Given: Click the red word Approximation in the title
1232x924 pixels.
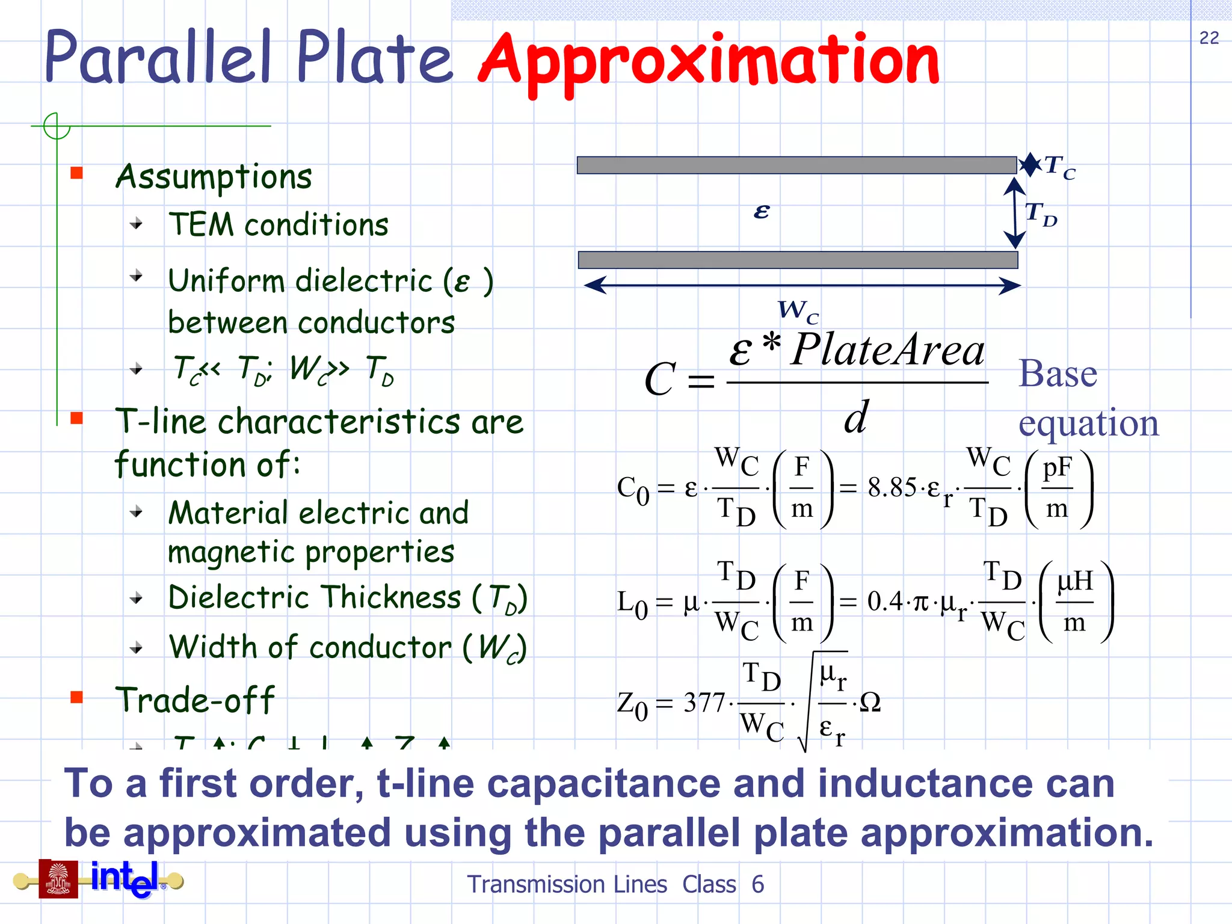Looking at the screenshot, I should pos(709,61).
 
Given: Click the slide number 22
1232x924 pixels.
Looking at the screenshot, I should pos(1209,38).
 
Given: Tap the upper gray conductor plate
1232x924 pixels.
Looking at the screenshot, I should pos(796,165).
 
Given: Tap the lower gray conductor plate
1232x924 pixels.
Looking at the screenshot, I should pos(798,260).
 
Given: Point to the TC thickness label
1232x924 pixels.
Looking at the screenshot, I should pos(1060,167).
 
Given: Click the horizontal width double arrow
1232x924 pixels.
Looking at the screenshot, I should pos(802,286).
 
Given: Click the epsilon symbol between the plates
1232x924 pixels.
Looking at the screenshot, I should pos(761,211).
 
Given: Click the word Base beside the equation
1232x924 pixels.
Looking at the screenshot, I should pos(1058,374).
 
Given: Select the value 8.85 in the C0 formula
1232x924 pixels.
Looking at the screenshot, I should pos(892,487).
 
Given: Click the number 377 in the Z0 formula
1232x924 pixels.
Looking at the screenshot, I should pos(704,703).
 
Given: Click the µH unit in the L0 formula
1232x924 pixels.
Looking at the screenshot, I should pos(1074,581).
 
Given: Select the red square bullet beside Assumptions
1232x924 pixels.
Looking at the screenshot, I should pos(76,173).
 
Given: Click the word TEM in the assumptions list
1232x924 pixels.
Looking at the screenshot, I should pos(201,225).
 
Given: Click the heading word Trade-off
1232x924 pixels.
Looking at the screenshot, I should pos(195,700).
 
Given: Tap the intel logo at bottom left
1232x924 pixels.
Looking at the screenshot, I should pos(125,878).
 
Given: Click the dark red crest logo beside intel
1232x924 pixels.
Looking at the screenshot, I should pos(58,879).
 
